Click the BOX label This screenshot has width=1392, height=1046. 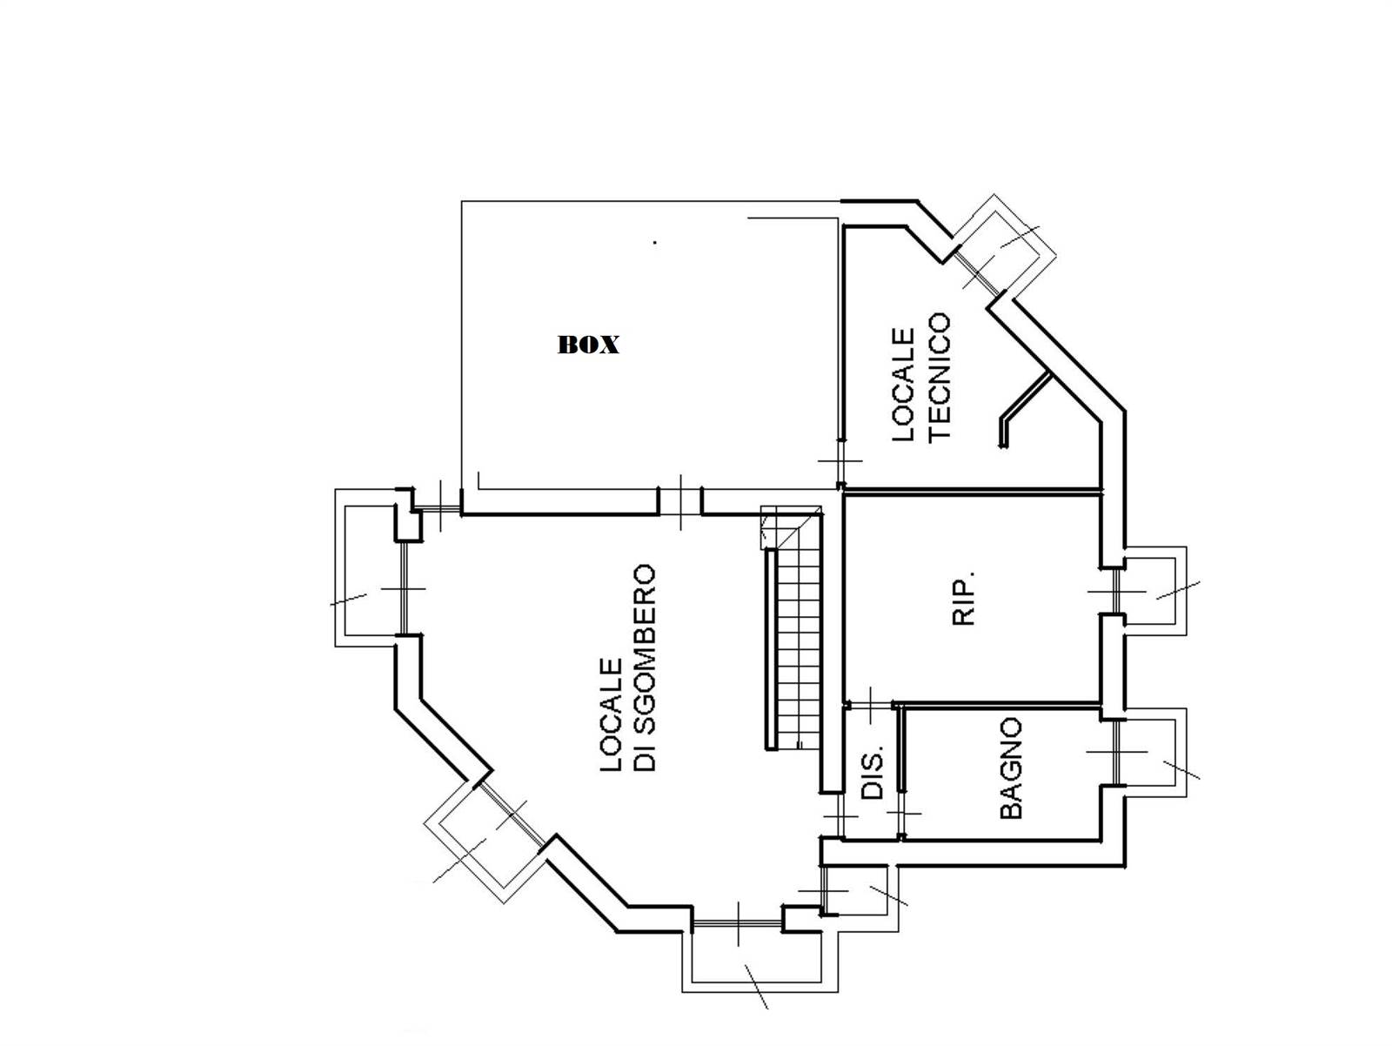click(x=588, y=345)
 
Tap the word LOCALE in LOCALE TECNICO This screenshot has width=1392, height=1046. click(x=903, y=384)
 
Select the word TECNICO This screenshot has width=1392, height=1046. click(x=940, y=376)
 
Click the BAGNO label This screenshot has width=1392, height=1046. click(x=1011, y=768)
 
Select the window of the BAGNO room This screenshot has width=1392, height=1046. click(x=1117, y=752)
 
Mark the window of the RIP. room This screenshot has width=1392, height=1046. click(x=1117, y=591)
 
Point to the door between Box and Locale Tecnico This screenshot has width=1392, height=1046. click(x=841, y=460)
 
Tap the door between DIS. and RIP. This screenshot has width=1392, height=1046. click(x=870, y=704)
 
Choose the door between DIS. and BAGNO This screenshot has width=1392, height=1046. click(x=901, y=813)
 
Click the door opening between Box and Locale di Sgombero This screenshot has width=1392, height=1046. click(x=679, y=501)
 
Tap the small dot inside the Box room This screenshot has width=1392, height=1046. click(x=655, y=242)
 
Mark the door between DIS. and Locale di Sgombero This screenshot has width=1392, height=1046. click(x=841, y=815)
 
